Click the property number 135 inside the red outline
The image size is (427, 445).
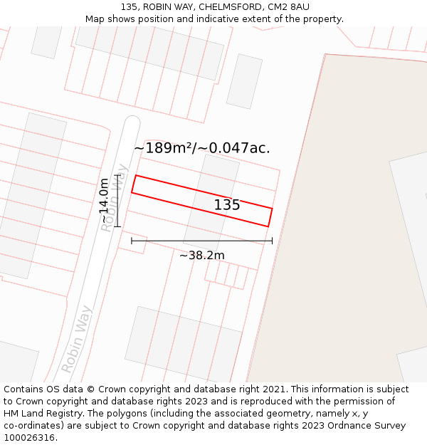tap(227, 205)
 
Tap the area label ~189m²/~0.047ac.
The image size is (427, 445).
tap(202, 148)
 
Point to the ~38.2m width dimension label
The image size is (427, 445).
tap(201, 256)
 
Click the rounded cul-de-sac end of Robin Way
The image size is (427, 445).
tap(132, 122)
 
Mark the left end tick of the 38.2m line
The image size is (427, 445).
tap(132, 241)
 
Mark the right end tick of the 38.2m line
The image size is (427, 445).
tap(272, 241)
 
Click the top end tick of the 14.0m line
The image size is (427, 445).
tap(117, 175)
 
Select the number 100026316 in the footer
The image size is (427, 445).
tap(29, 438)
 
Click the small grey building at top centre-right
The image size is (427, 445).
tap(244, 81)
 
